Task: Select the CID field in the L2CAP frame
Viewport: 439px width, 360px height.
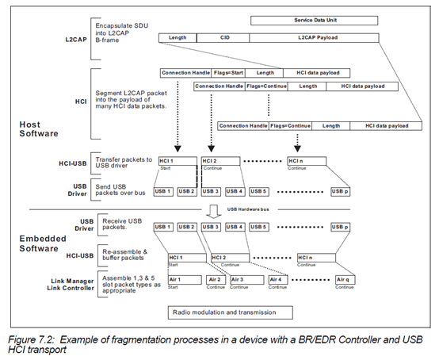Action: pyautogui.click(x=224, y=37)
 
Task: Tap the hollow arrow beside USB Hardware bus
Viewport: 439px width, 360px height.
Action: pyautogui.click(x=212, y=210)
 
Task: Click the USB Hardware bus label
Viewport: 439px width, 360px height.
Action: pyautogui.click(x=245, y=209)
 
